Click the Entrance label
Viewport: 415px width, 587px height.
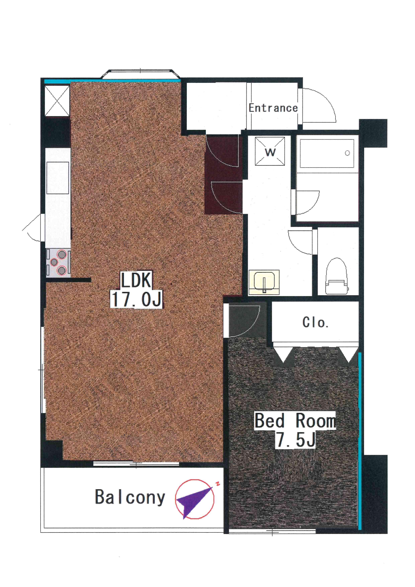(273, 108)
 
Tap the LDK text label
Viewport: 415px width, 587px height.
(136, 280)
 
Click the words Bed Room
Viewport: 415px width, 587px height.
(295, 421)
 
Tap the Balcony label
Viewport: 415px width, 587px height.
(130, 497)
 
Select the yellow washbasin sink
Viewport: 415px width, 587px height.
(264, 282)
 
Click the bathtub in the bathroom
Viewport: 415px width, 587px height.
(327, 153)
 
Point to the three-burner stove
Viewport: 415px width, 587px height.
(58, 262)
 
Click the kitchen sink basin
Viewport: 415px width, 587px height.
(58, 178)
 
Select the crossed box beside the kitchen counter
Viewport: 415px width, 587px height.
(57, 101)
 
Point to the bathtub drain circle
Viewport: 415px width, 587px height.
(347, 153)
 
